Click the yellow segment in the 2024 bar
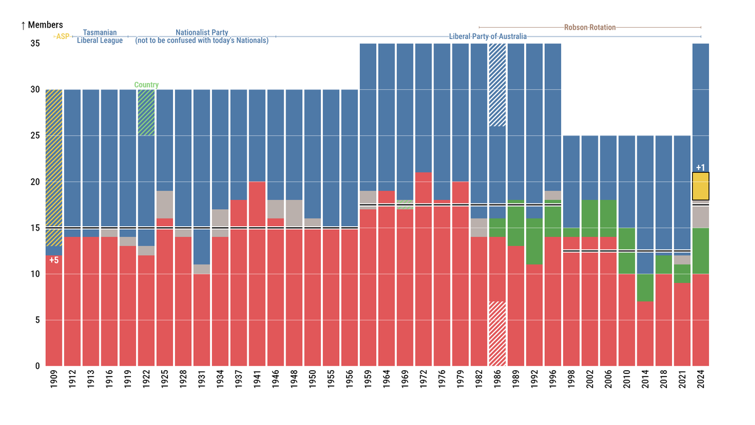click(x=700, y=186)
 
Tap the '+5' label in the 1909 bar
click(x=53, y=260)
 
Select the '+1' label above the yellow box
click(x=700, y=167)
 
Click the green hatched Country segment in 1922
click(x=146, y=112)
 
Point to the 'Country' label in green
click(x=146, y=85)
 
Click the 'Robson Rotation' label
click(x=590, y=27)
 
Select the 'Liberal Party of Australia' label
click(x=488, y=37)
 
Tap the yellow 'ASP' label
click(x=62, y=37)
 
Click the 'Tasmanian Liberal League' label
click(x=100, y=37)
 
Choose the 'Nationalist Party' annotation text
click(x=202, y=37)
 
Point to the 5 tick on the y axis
click(x=37, y=320)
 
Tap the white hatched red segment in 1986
click(x=497, y=334)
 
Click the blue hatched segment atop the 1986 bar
click(x=497, y=85)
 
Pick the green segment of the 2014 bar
click(x=645, y=288)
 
